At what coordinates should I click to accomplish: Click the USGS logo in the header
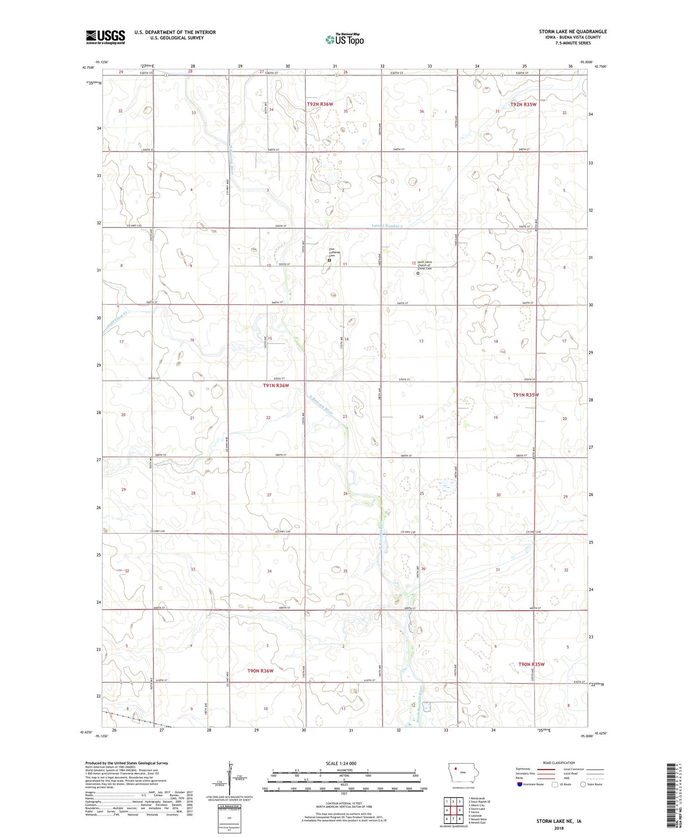(105, 37)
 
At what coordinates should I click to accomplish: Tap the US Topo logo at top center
(344, 39)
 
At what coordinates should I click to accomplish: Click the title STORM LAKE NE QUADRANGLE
(573, 31)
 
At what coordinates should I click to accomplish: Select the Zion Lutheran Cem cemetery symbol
(329, 260)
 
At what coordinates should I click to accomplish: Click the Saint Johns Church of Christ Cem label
(425, 265)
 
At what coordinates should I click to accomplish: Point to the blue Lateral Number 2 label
(388, 226)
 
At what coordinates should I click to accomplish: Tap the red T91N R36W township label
(276, 385)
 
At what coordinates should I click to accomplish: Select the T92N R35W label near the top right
(523, 104)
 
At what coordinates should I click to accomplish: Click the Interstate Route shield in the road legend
(521, 784)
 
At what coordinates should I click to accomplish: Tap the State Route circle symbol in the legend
(583, 784)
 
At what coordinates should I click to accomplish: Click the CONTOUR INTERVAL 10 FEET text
(344, 803)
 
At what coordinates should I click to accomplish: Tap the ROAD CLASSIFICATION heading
(559, 763)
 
